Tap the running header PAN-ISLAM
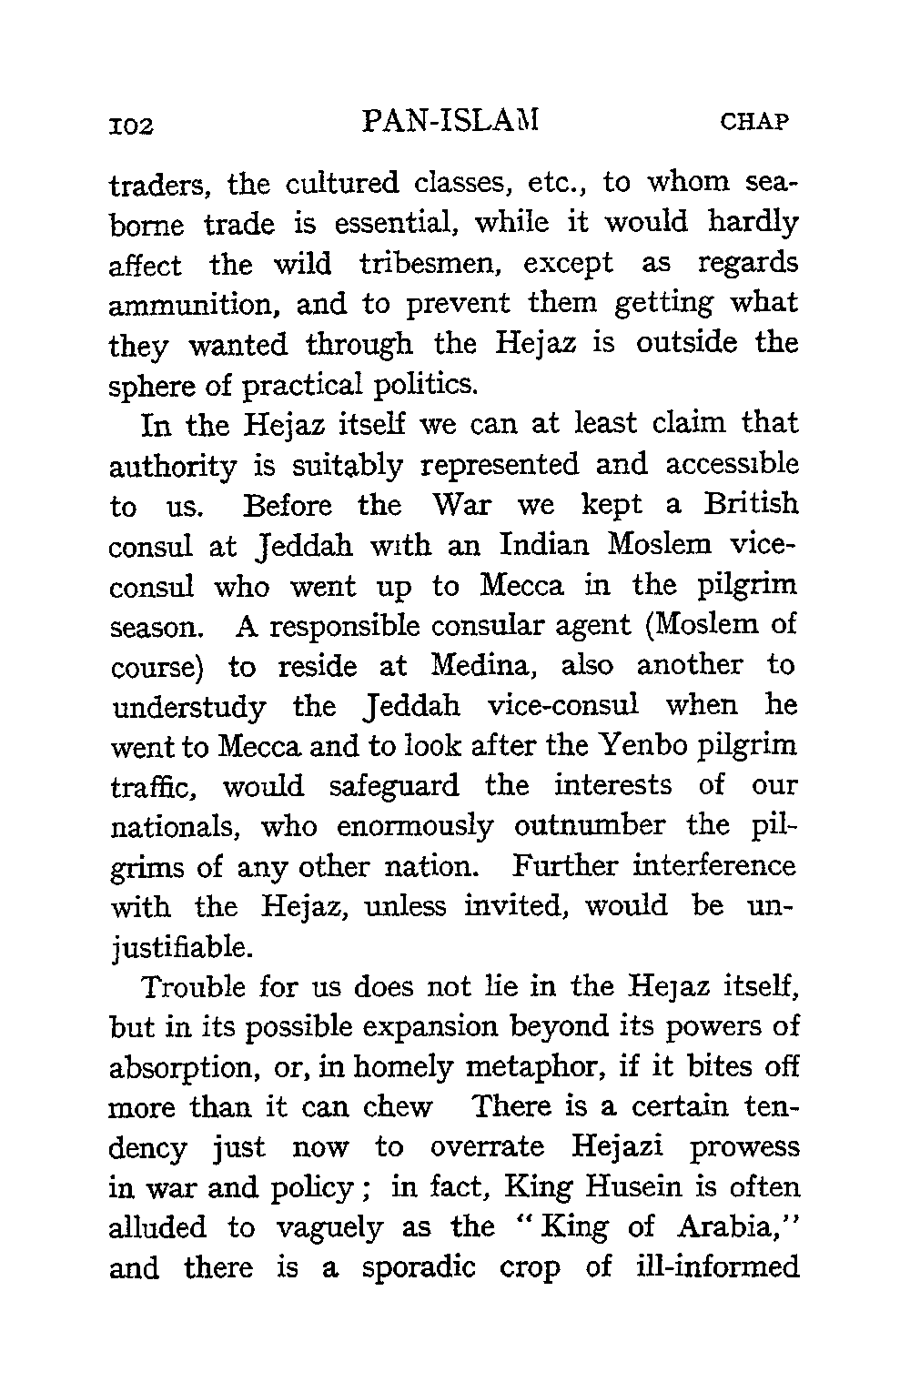click(x=450, y=120)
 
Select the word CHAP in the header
click(x=753, y=122)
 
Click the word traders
click(x=162, y=185)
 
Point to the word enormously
click(x=415, y=826)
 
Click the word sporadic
click(x=419, y=1267)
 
